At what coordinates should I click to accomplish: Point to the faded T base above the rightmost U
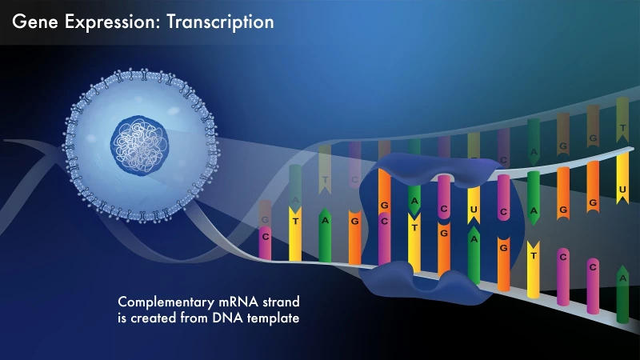coord(622,126)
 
